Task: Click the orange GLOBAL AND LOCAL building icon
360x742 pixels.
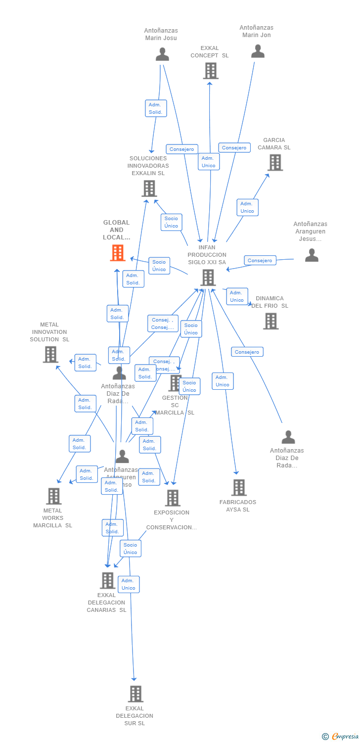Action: click(x=117, y=253)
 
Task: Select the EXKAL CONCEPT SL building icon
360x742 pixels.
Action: click(x=211, y=71)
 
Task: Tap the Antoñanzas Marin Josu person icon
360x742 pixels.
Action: click(x=162, y=54)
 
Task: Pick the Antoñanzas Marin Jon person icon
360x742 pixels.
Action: click(x=258, y=51)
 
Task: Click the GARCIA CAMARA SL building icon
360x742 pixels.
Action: click(x=275, y=162)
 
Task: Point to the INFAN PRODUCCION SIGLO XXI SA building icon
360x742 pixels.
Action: click(x=208, y=278)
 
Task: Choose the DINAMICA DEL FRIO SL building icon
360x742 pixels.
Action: click(x=270, y=321)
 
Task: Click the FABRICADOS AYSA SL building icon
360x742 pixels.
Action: click(x=239, y=487)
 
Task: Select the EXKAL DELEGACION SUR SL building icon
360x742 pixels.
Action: click(x=135, y=694)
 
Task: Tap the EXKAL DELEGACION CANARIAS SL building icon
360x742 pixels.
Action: click(x=107, y=580)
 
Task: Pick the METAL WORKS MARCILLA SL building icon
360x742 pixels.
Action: click(x=53, y=496)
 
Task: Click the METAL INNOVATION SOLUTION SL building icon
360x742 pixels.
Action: click(x=50, y=354)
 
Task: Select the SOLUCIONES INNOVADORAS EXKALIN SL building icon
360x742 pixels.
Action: click(x=149, y=188)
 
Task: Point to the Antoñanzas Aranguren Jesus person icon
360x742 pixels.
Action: click(x=312, y=255)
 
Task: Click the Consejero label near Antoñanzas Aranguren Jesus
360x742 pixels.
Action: click(x=260, y=260)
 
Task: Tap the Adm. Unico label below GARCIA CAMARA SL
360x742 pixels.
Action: click(x=247, y=207)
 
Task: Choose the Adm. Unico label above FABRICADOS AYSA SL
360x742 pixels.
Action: click(x=223, y=381)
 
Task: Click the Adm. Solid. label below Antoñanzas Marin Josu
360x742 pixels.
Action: click(x=156, y=108)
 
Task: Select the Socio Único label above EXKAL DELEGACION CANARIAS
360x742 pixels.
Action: click(x=131, y=548)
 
